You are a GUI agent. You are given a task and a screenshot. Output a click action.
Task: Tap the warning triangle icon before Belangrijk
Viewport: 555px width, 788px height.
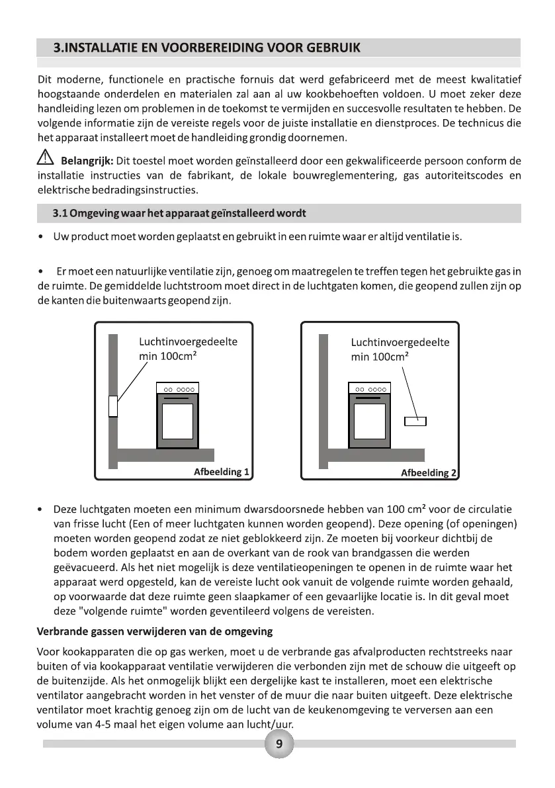click(x=46, y=160)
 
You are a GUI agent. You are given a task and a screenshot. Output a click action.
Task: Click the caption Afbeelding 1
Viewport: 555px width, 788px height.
click(x=221, y=472)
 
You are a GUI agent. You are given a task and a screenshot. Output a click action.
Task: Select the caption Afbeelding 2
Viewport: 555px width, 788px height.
click(x=429, y=472)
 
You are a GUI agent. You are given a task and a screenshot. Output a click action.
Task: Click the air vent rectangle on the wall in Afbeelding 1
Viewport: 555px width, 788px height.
click(x=113, y=406)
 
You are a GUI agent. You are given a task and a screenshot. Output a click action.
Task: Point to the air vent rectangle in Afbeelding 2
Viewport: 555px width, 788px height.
click(x=415, y=421)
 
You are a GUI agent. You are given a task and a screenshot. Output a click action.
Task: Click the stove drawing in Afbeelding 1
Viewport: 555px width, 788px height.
click(x=177, y=415)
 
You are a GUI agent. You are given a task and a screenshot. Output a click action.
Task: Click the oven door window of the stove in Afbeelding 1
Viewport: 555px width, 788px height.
click(x=177, y=421)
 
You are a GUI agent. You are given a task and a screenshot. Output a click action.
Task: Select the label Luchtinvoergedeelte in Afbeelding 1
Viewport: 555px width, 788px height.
click(x=188, y=342)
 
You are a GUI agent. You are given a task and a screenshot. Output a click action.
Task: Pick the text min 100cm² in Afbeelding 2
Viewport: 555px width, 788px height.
click(x=379, y=357)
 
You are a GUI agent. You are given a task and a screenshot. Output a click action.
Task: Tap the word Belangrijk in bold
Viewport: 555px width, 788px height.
click(x=87, y=161)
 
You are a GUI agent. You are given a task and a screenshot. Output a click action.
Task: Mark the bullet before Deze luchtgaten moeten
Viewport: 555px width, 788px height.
click(x=42, y=510)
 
